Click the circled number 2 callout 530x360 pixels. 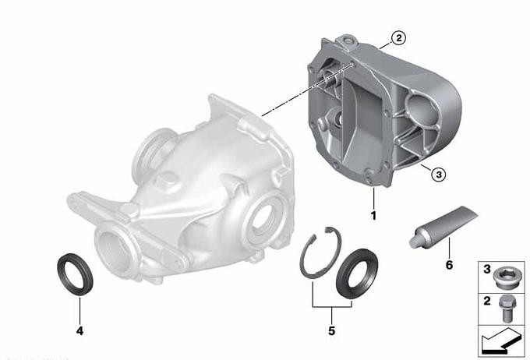[399, 38]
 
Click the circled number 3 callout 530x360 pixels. [438, 175]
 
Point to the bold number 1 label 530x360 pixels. [373, 216]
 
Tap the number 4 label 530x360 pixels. [79, 331]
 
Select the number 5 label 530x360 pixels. [331, 331]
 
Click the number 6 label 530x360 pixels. [449, 265]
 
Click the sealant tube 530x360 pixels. [443, 227]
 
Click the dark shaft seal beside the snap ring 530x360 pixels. [357, 274]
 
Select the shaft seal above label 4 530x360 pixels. [75, 274]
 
